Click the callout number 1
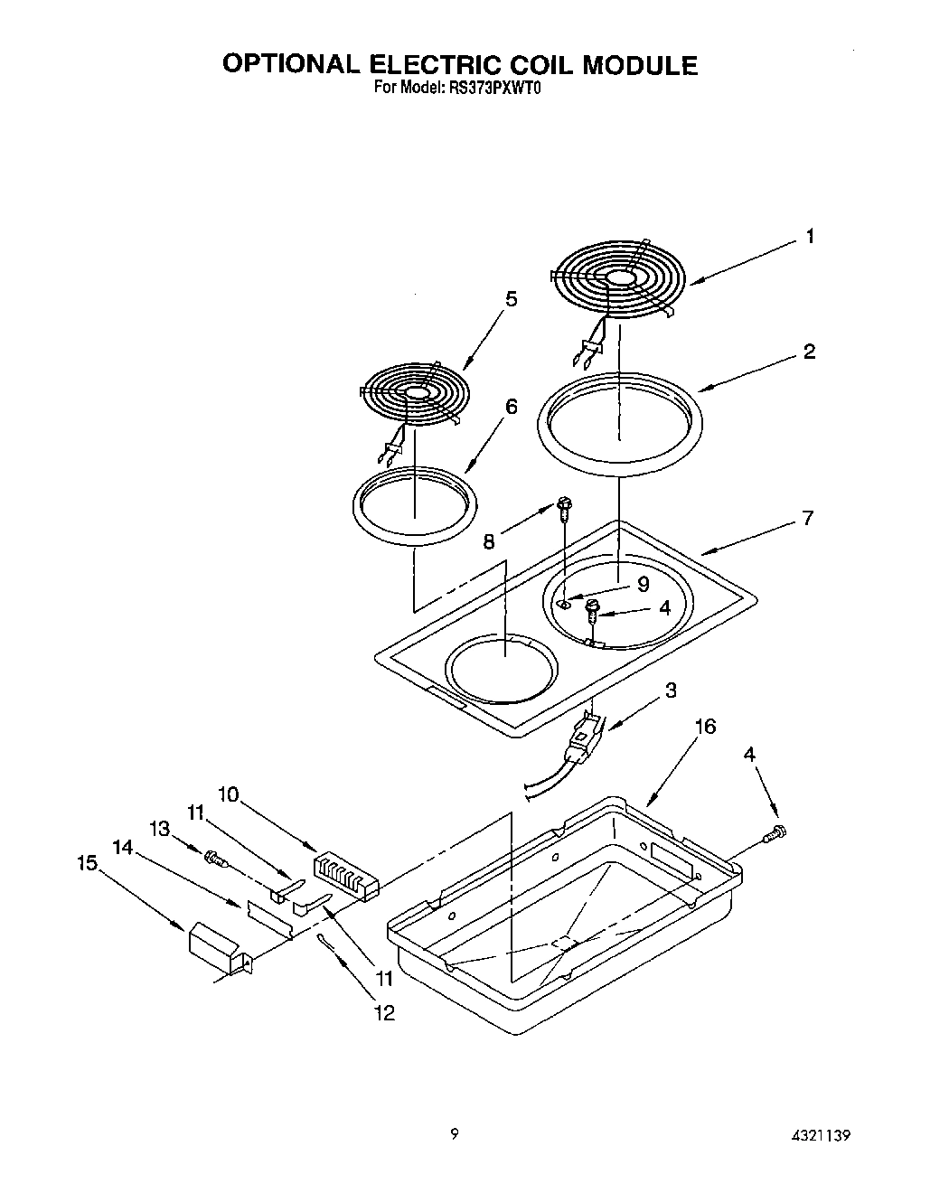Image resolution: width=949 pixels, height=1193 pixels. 810,236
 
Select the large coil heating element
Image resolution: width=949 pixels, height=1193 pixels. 619,280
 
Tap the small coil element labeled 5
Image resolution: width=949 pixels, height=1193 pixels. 415,394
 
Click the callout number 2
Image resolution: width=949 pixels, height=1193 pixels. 809,352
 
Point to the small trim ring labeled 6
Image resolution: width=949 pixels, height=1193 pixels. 414,505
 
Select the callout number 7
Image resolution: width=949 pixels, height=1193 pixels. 807,518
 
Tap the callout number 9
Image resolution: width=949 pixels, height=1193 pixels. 643,584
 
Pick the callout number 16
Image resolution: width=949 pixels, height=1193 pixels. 705,727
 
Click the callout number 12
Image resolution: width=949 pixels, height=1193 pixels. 384,1013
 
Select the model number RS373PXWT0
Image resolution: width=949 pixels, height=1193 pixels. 494,89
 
